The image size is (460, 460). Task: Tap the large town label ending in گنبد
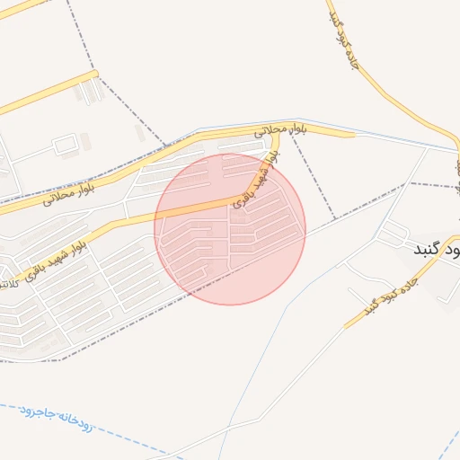[435, 247]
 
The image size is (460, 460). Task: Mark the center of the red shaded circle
[230, 229]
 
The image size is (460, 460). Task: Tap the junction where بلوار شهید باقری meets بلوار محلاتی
[273, 139]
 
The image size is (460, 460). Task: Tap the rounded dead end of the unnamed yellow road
[93, 75]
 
